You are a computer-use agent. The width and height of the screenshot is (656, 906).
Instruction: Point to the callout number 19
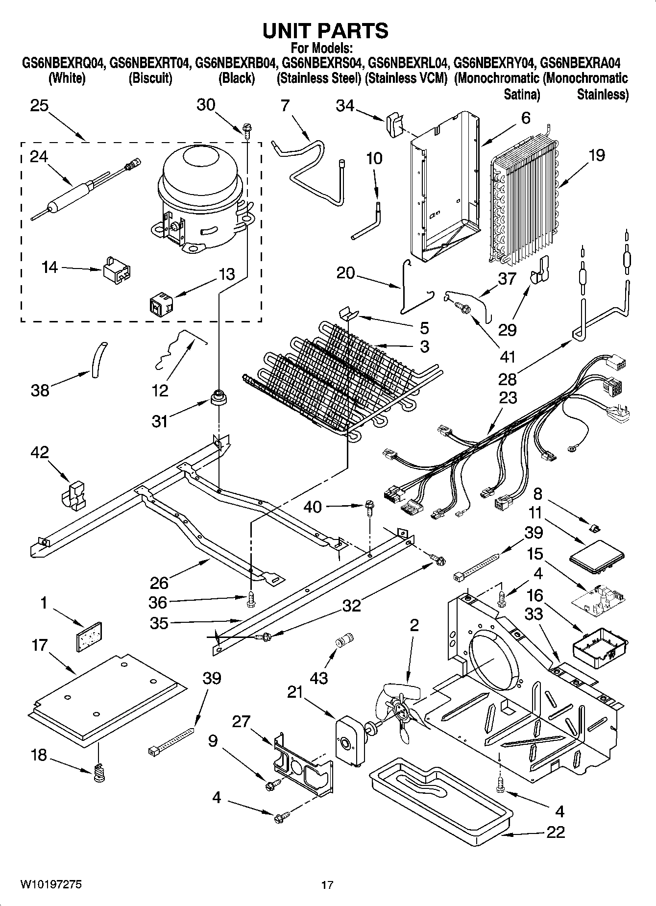click(597, 155)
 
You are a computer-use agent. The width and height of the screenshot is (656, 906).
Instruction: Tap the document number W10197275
click(51, 884)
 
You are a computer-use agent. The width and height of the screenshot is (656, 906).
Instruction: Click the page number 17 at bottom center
click(327, 885)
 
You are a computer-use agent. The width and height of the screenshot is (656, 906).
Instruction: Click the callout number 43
click(318, 678)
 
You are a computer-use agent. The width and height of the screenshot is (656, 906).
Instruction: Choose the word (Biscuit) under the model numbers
click(150, 78)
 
